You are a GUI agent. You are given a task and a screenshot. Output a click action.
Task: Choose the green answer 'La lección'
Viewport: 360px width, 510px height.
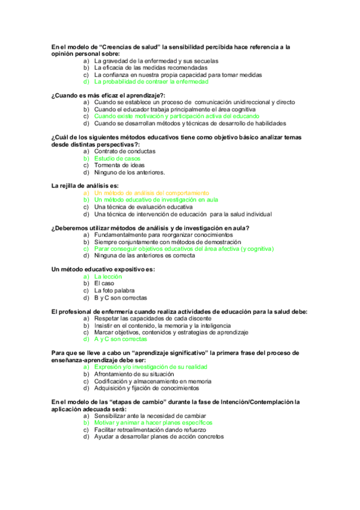pyautogui.click(x=108, y=277)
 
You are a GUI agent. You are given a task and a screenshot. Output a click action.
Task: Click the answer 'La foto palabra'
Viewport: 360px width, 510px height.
pyautogui.click(x=114, y=290)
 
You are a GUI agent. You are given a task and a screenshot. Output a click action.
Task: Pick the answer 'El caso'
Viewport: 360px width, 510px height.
pyautogui.click(x=105, y=283)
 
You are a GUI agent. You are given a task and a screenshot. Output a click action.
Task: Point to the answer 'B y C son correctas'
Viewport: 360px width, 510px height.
pyautogui.click(x=120, y=298)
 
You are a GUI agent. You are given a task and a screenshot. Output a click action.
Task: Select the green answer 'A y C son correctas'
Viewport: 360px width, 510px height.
pyautogui.click(x=121, y=339)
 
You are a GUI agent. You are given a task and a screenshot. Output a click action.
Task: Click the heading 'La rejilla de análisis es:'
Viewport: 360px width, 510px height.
pyautogui.click(x=85, y=185)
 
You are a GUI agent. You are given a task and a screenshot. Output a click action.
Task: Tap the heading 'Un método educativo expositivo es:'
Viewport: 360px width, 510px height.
pyautogui.click(x=103, y=269)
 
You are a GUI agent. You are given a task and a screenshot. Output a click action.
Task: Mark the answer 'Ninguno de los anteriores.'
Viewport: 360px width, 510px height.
pyautogui.click(x=129, y=173)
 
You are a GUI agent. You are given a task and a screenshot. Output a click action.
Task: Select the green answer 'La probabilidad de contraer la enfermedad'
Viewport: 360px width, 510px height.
pyautogui.click(x=151, y=82)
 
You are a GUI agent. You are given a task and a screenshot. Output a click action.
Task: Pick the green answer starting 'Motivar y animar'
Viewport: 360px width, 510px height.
pyautogui.click(x=153, y=422)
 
